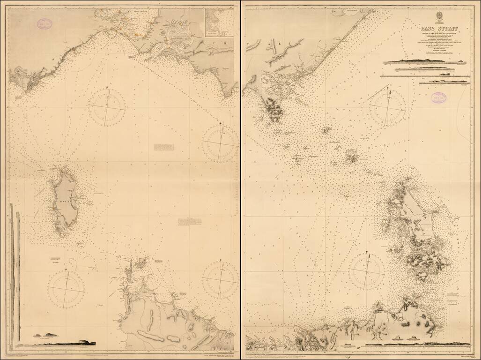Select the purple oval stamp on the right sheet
pos(439,97)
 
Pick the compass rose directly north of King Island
pos(108,108)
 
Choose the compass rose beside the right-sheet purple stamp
pos(387,109)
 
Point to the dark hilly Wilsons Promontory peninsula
pos(273,109)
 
